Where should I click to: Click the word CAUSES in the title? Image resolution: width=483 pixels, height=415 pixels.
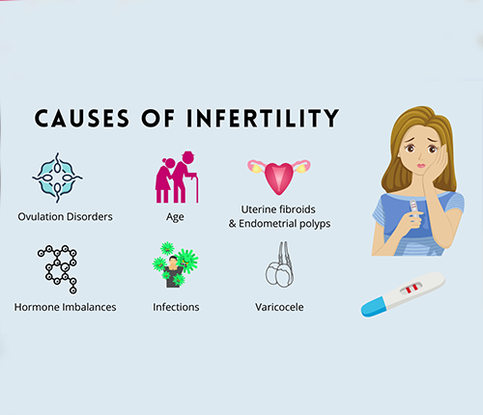pos(82,118)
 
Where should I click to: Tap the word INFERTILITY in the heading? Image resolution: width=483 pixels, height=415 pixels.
pos(263,118)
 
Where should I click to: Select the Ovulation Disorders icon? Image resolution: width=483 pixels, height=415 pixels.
pos(57,178)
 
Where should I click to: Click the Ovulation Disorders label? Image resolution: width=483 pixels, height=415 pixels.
pos(65,216)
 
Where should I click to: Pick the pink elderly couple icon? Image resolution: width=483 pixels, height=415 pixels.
pos(177,177)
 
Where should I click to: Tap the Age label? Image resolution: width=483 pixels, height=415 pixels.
pos(175,217)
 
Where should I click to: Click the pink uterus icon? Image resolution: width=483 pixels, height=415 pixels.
pos(279,177)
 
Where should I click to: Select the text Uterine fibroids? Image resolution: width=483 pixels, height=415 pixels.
pos(278,209)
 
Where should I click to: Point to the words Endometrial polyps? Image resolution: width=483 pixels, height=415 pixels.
pos(285,224)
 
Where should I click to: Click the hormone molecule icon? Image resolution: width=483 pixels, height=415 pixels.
pos(58,269)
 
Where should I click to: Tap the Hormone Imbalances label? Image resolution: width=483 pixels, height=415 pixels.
pos(65,307)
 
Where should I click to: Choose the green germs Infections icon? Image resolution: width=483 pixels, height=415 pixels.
pos(175,264)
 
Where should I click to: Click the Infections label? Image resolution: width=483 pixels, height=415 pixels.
pos(176,307)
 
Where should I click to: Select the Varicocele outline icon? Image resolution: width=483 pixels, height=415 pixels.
pos(279,264)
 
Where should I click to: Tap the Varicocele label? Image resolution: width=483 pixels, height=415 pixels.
pos(279,307)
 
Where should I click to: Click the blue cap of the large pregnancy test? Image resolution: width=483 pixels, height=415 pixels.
pos(373,307)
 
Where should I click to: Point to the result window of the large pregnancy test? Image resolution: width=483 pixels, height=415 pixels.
pos(412,288)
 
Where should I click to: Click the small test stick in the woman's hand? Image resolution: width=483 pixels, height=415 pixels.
pos(414,208)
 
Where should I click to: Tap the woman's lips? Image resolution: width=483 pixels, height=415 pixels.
pos(421,166)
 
